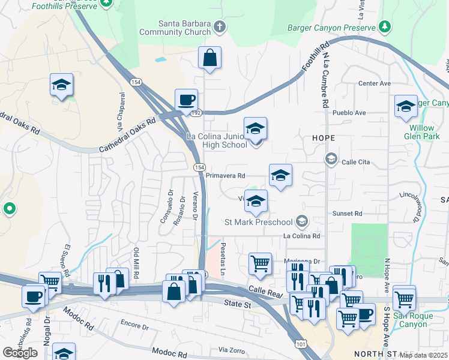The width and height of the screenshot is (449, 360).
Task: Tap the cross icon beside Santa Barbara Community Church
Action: [x=220, y=26]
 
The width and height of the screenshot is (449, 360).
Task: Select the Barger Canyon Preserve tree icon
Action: [x=385, y=26]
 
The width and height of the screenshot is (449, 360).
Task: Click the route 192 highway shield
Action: [x=195, y=112]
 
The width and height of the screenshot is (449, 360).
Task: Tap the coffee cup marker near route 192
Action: [x=186, y=100]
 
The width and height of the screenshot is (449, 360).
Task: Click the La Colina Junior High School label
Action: [x=217, y=140]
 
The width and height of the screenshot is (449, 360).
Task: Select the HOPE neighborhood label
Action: [x=323, y=138]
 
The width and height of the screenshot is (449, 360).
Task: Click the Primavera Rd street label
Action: [x=226, y=176]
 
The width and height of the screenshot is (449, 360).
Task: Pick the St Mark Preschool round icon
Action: [x=302, y=222]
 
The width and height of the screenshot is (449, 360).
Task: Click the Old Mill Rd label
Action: [x=137, y=263]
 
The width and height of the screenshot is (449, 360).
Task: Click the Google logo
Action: [x=20, y=352]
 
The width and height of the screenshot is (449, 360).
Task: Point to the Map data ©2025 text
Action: [x=423, y=355]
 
